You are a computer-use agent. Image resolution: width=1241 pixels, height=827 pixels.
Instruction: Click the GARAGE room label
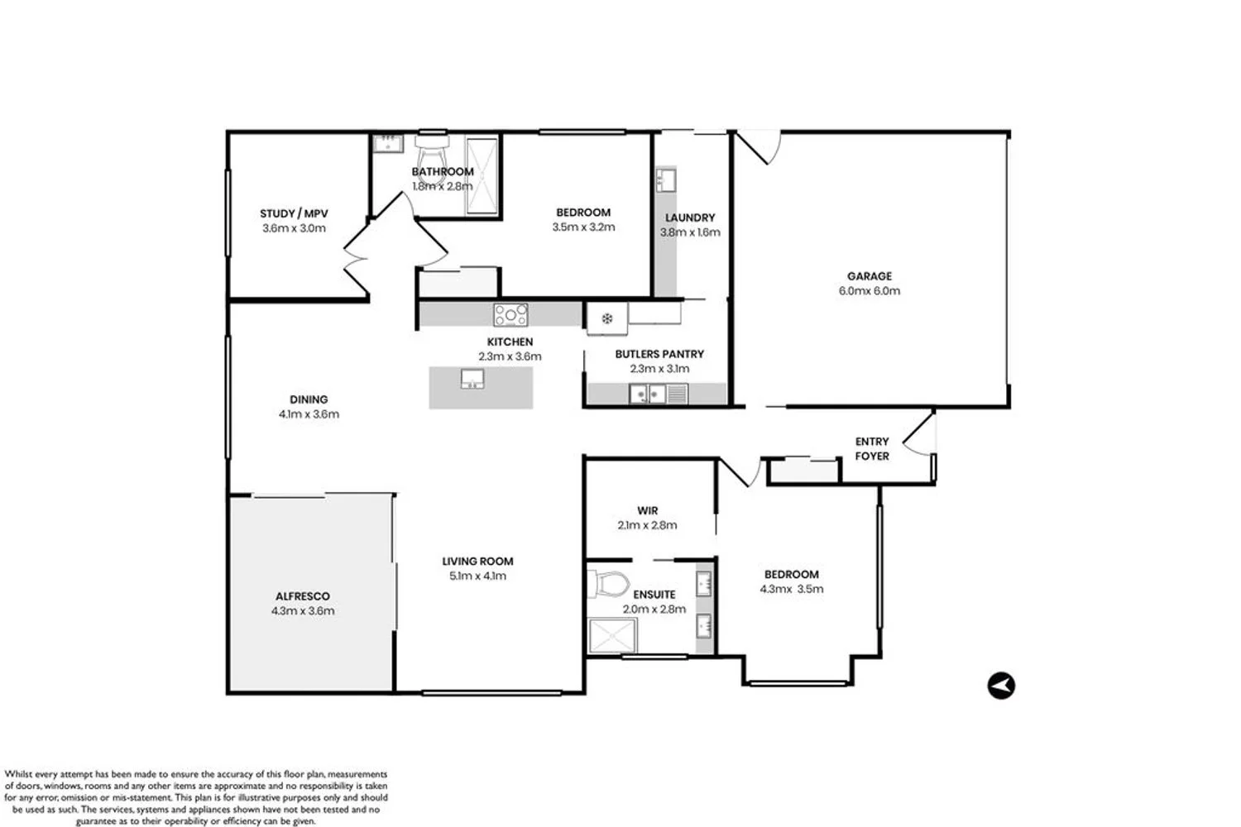pyautogui.click(x=870, y=276)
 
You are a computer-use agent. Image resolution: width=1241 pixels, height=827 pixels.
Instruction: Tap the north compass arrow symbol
pyautogui.click(x=1001, y=686)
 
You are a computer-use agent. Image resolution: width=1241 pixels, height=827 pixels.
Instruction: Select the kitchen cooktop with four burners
pyautogui.click(x=510, y=315)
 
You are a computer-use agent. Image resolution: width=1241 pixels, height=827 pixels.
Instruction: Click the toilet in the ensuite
pyautogui.click(x=608, y=585)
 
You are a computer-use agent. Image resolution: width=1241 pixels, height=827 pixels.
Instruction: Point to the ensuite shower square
pyautogui.click(x=613, y=636)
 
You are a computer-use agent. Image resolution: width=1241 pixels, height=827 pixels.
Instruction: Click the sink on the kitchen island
pyautogui.click(x=472, y=379)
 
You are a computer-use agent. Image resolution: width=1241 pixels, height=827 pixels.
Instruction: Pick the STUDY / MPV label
pyautogui.click(x=295, y=213)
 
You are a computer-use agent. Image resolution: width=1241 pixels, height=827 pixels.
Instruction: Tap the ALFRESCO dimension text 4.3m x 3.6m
pyautogui.click(x=303, y=611)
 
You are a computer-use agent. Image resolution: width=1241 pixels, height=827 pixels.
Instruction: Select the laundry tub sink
pyautogui.click(x=665, y=179)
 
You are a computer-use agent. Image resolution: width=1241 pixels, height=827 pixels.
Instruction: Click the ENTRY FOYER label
pyautogui.click(x=872, y=449)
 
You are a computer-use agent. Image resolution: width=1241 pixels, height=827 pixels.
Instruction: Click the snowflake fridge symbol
pyautogui.click(x=607, y=318)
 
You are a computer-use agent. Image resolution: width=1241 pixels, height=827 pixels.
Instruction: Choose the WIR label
pyautogui.click(x=648, y=511)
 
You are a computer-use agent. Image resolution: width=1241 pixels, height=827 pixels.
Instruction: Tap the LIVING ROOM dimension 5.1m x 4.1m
pyautogui.click(x=477, y=576)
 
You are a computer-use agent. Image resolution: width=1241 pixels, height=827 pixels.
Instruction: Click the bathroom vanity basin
pyautogui.click(x=387, y=143)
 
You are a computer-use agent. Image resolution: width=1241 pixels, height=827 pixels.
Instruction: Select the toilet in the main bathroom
pyautogui.click(x=431, y=152)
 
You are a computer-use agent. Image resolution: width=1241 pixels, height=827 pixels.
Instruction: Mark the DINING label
pyautogui.click(x=309, y=399)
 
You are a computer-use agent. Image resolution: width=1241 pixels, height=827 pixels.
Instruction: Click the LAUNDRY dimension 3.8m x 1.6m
pyautogui.click(x=690, y=232)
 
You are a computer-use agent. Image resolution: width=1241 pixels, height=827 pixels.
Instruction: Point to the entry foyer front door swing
pyautogui.click(x=919, y=434)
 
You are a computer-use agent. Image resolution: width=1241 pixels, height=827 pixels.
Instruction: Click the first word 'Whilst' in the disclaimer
pyautogui.click(x=17, y=774)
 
